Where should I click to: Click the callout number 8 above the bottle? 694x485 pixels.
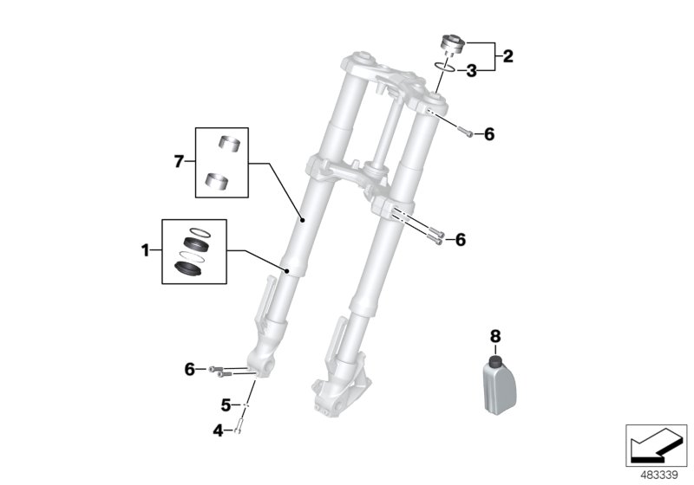click(495, 335)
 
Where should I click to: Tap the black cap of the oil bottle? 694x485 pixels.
click(495, 359)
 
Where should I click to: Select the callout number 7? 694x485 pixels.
click(179, 161)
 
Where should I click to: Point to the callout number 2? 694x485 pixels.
click(508, 57)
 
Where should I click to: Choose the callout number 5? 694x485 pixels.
click(225, 404)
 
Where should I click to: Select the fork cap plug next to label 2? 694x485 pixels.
click(452, 43)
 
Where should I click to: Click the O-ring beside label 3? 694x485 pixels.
click(446, 65)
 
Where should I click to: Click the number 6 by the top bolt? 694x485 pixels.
click(488, 133)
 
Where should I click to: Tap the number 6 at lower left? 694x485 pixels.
click(189, 369)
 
